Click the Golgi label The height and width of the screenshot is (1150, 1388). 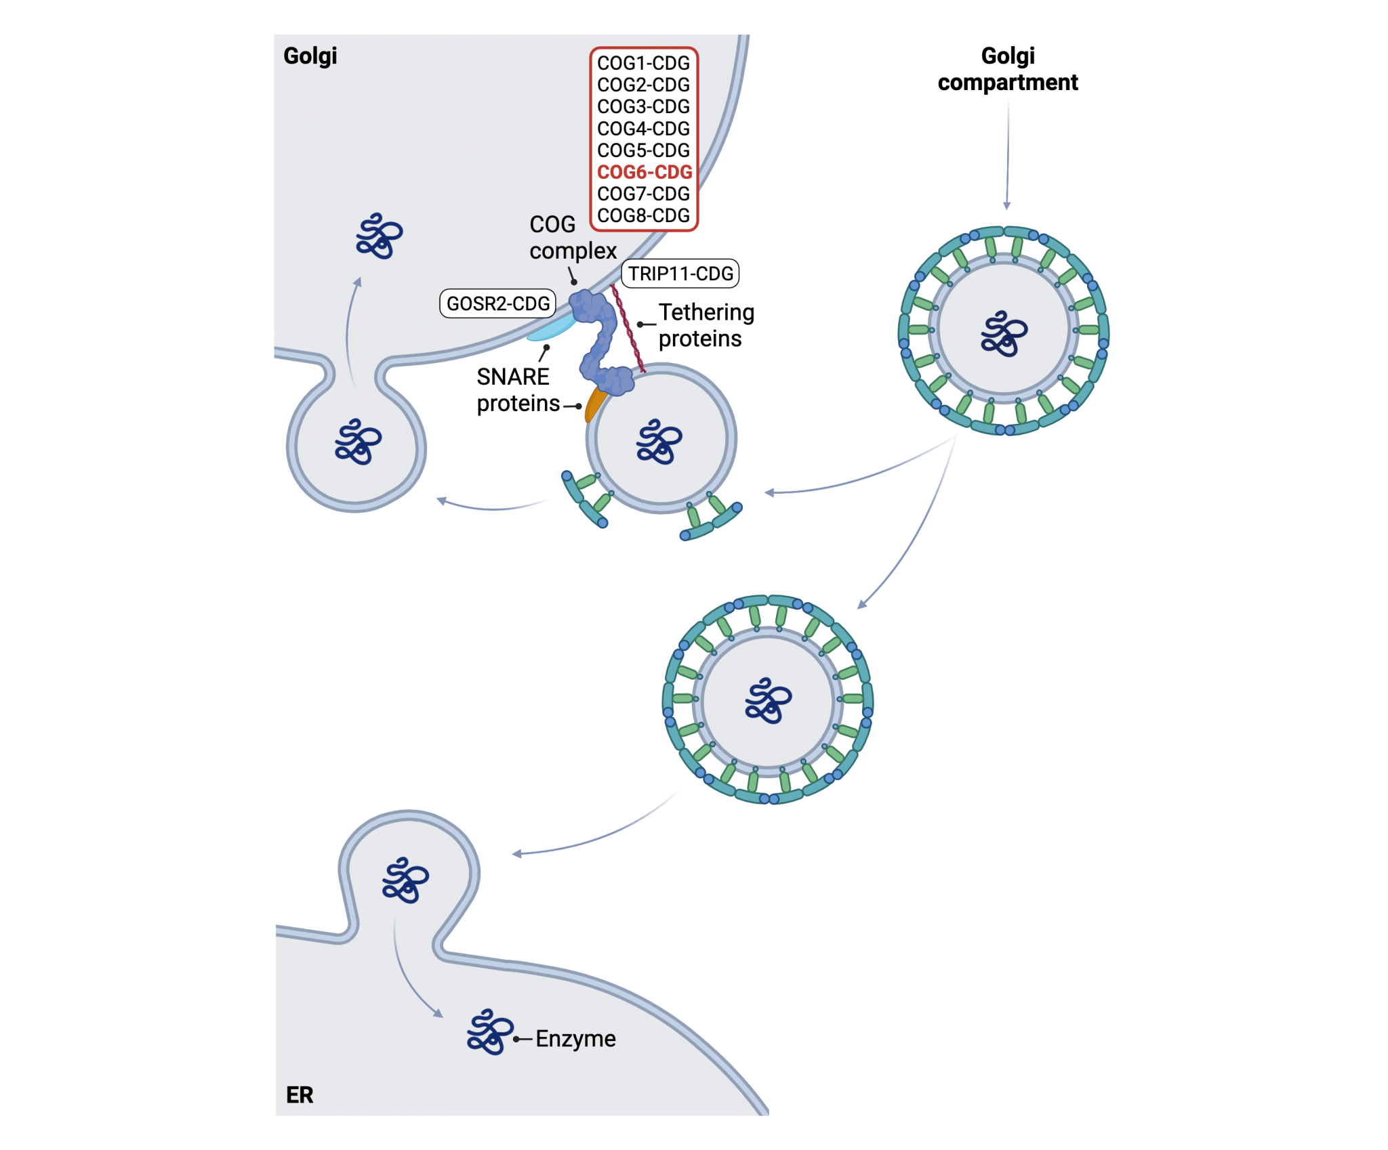pyautogui.click(x=310, y=56)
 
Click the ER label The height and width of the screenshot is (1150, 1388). pyautogui.click(x=300, y=1095)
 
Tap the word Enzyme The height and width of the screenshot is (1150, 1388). pyautogui.click(x=575, y=1038)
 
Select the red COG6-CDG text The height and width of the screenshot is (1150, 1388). pyautogui.click(x=645, y=172)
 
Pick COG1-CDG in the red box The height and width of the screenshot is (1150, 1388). pyautogui.click(x=643, y=63)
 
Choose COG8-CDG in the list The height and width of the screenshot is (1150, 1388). pyautogui.click(x=643, y=215)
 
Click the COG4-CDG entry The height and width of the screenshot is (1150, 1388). pyautogui.click(x=643, y=129)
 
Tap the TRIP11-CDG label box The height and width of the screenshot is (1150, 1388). pyautogui.click(x=680, y=274)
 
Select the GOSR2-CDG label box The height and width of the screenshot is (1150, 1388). pyautogui.click(x=498, y=303)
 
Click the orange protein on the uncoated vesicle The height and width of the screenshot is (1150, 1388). pyautogui.click(x=594, y=405)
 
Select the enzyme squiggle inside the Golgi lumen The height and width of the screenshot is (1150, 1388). pyautogui.click(x=379, y=236)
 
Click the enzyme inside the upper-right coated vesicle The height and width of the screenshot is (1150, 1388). pyautogui.click(x=1004, y=334)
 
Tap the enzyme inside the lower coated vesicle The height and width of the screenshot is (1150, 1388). pyautogui.click(x=767, y=700)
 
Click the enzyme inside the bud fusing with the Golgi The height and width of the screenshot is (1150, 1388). pyautogui.click(x=358, y=442)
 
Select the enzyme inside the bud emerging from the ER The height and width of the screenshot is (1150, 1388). pyautogui.click(x=405, y=880)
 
